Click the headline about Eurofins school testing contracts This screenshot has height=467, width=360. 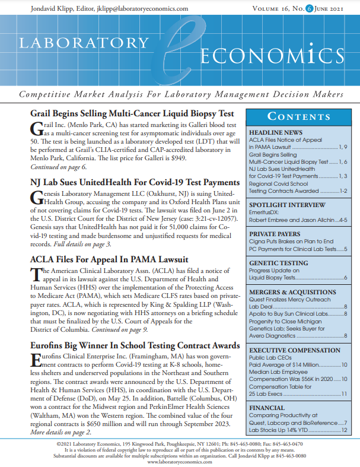point(126,345)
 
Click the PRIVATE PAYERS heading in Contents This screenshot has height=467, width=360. point(276,234)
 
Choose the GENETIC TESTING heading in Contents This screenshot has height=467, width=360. point(278,263)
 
